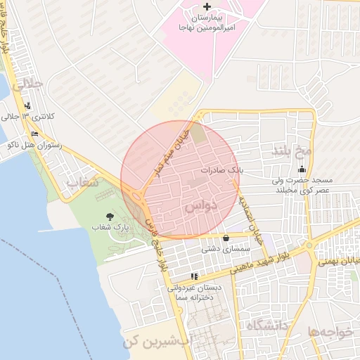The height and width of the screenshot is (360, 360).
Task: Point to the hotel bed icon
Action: point(35,134)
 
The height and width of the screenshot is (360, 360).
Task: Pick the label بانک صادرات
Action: point(221,170)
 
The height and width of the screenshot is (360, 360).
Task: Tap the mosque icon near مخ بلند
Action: point(302,169)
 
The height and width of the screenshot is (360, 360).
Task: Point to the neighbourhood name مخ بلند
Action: point(302,150)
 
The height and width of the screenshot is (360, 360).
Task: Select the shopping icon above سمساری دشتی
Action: point(226,238)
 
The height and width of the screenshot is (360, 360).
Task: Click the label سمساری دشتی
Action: point(221,248)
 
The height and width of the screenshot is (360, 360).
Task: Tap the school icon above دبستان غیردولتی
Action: point(194,276)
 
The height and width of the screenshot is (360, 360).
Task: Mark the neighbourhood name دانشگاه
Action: point(266,326)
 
